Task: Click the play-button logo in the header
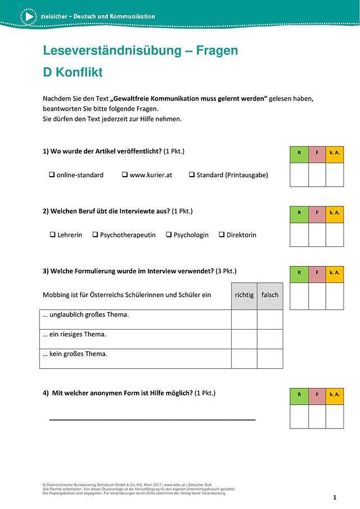(28, 17)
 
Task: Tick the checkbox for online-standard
(52, 175)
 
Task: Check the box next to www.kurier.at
(125, 175)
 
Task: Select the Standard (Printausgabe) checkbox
(192, 175)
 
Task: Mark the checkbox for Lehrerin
(52, 235)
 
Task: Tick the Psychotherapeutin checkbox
(95, 235)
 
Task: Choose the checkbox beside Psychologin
(169, 235)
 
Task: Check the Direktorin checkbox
(222, 235)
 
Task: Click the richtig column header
(244, 295)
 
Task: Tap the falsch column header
(270, 295)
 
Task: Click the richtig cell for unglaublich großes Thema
(244, 319)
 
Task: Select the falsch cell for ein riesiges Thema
(270, 339)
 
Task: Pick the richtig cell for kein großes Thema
(244, 358)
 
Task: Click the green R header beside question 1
(299, 155)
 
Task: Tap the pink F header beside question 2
(317, 214)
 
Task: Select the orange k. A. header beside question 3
(335, 274)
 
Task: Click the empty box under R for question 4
(299, 416)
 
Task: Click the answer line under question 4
(152, 419)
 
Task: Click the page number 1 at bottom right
(335, 498)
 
